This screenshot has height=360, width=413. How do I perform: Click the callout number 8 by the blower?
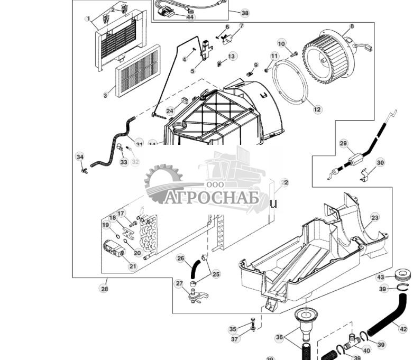[352, 26]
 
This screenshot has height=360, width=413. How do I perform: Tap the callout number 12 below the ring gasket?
[317, 109]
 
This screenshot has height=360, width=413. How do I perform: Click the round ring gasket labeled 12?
[290, 80]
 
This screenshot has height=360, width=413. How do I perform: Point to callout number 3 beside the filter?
[105, 95]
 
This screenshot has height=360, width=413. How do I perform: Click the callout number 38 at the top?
[244, 13]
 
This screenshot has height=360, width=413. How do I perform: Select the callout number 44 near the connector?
[190, 17]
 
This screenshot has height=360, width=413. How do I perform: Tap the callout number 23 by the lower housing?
[374, 217]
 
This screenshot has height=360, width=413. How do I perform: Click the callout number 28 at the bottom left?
[104, 289]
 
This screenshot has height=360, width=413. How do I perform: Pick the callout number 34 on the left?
[80, 157]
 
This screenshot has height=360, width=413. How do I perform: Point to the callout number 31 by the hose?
[139, 144]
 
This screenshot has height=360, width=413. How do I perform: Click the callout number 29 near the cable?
[343, 144]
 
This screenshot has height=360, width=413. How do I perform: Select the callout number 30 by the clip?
[380, 163]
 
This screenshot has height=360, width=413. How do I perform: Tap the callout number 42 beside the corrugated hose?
[403, 329]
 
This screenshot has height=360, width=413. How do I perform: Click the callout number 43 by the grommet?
[381, 277]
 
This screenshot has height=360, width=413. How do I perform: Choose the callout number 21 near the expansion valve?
[133, 266]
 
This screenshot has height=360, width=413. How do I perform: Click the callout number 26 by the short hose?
[181, 259]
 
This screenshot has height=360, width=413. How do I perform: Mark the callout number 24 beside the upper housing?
[170, 111]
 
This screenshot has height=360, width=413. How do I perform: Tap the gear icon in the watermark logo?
[161, 183]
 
